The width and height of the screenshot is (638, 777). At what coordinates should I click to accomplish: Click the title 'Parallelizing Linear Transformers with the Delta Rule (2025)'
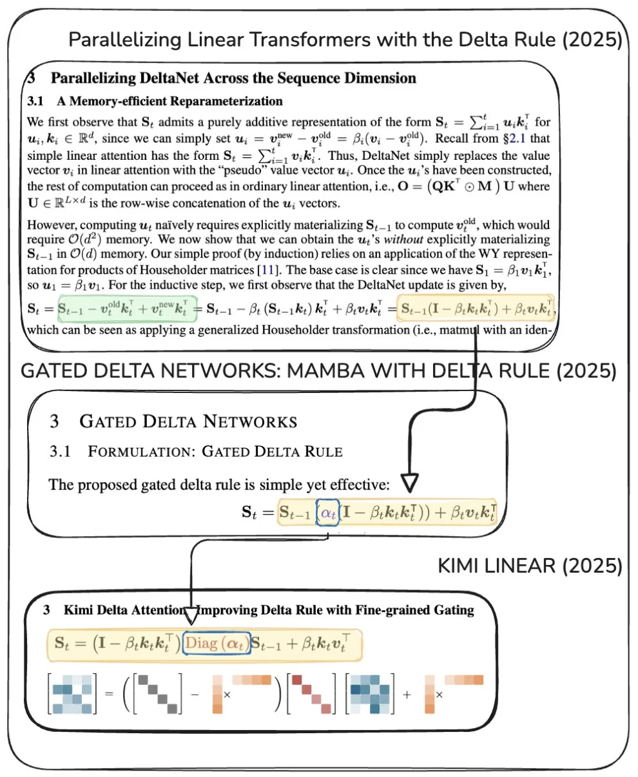click(345, 39)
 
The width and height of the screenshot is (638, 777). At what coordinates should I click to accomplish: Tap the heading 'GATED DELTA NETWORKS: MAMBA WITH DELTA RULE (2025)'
click(318, 370)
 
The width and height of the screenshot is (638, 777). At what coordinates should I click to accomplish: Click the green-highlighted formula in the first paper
click(127, 309)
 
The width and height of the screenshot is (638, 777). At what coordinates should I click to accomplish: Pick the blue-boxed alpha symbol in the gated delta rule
click(327, 513)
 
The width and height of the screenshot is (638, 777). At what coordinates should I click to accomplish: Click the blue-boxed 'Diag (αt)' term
click(217, 643)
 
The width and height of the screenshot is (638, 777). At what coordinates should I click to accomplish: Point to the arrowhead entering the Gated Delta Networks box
click(409, 483)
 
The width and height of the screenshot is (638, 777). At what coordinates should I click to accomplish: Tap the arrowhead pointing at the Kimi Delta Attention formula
click(191, 616)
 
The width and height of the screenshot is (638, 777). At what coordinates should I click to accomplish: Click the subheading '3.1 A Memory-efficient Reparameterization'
click(155, 101)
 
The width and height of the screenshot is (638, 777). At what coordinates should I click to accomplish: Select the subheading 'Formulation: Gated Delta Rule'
click(215, 451)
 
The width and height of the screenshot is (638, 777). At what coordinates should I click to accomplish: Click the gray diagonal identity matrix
click(158, 694)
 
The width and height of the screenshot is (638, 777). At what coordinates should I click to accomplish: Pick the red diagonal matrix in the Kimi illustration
click(311, 694)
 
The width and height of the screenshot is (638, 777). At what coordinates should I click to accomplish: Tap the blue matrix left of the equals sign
click(72, 694)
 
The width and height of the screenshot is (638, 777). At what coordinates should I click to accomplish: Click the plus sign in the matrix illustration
click(407, 695)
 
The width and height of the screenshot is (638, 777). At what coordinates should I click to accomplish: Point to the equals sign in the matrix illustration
click(109, 694)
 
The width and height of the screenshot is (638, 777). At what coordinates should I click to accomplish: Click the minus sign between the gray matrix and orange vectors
click(195, 695)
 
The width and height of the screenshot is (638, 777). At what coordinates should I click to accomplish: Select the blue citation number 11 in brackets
click(267, 270)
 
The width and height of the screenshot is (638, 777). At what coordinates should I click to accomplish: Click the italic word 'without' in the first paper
click(403, 240)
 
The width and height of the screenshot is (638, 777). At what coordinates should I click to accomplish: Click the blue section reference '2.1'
click(517, 139)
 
